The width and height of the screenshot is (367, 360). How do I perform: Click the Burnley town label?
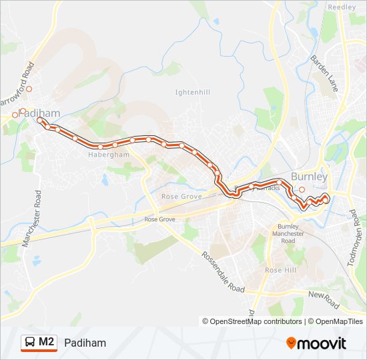pos(309,177)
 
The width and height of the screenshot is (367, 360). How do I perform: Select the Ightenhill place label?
pos(192,92)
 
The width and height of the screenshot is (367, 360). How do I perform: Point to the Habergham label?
pos(108,154)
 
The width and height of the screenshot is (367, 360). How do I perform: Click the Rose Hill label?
pos(280,270)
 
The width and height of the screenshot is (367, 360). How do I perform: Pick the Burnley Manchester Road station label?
pos(290,233)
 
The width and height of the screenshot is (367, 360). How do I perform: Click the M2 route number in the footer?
pos(47,342)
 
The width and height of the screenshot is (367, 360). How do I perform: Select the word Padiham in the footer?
pos(85,343)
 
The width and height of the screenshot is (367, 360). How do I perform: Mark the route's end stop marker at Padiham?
pos(41,121)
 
